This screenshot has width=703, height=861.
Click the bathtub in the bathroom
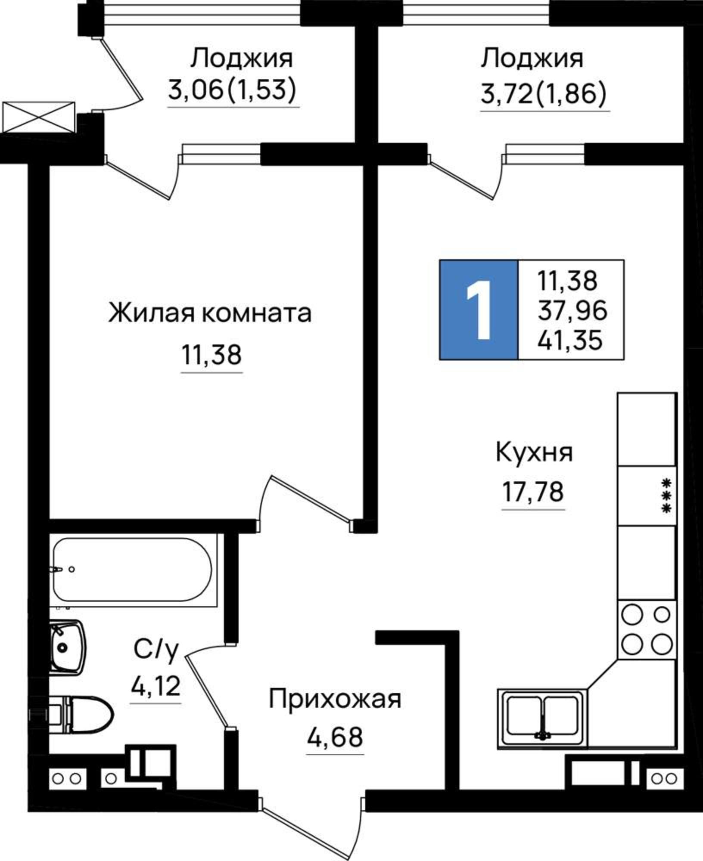(x=133, y=570)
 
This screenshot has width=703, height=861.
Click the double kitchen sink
(x=542, y=717)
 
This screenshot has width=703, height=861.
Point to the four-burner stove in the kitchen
(x=647, y=630)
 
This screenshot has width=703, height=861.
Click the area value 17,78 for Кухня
(x=533, y=492)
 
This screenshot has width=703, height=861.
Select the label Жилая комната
(x=210, y=313)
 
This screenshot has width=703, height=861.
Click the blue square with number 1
(x=478, y=310)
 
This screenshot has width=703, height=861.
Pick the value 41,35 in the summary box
(x=569, y=341)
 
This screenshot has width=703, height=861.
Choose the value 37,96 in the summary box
(x=572, y=310)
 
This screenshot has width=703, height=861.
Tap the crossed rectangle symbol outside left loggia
(x=39, y=117)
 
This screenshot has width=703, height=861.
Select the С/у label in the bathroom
(x=156, y=650)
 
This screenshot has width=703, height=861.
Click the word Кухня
(x=534, y=452)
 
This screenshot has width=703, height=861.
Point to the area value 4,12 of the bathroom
(x=156, y=686)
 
